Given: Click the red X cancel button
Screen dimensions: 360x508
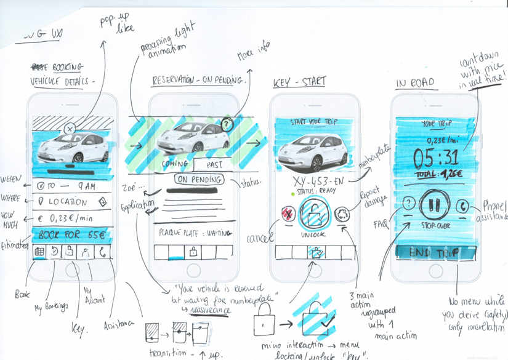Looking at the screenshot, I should [288, 215].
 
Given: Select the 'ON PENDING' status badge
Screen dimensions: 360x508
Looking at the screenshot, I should [198, 180].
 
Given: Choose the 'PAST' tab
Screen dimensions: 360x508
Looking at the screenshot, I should [214, 164].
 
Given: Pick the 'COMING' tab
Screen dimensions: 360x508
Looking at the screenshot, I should [175, 164].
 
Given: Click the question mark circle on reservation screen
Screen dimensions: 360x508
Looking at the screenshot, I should [227, 124].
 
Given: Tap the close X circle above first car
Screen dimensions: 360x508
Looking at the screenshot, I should [70, 129].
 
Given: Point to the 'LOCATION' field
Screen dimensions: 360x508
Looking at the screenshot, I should [73, 201].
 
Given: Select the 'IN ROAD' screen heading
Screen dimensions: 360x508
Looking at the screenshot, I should [415, 82].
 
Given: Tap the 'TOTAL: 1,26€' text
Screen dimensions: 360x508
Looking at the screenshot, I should [433, 174].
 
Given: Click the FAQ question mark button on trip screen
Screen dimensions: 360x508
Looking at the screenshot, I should [407, 204].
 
